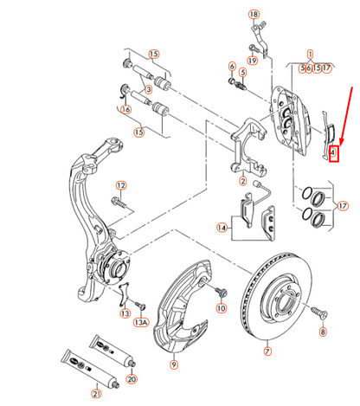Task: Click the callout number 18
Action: (254, 15)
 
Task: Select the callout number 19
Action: (252, 60)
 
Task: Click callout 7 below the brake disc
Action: (267, 352)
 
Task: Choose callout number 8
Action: (322, 332)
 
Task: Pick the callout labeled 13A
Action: (142, 323)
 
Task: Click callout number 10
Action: (221, 308)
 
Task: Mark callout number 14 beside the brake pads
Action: (222, 228)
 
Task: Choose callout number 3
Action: (149, 88)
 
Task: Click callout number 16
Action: (125, 110)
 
